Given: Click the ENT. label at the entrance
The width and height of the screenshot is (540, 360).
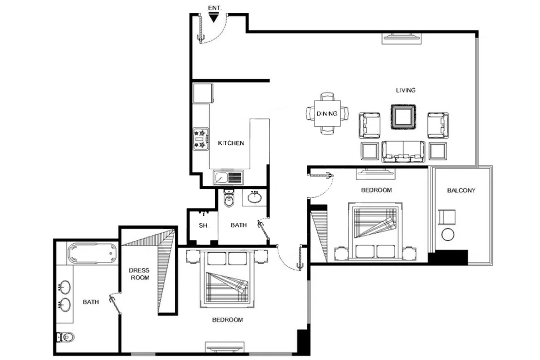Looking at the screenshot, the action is [214, 8].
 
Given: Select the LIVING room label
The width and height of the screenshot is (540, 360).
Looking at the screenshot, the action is [406, 90].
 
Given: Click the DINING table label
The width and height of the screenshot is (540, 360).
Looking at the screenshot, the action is [327, 114].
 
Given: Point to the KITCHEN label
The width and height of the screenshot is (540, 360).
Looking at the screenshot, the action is [231, 143].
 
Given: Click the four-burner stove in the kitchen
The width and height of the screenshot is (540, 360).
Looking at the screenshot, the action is [201, 139].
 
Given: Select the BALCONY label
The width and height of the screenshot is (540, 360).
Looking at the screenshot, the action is [461, 190].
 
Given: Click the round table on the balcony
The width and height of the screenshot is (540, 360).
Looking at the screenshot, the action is [448, 234].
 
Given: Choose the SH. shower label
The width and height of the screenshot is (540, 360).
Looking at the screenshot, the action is [204, 226].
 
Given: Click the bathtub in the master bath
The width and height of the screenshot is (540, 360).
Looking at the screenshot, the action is [92, 253].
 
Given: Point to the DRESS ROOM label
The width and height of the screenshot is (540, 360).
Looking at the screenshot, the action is [139, 274].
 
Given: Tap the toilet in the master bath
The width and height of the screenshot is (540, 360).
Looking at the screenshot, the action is [66, 337].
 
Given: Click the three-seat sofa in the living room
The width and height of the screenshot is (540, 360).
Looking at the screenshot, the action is [403, 152].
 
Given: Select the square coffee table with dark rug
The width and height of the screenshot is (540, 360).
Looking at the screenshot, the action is [403, 117].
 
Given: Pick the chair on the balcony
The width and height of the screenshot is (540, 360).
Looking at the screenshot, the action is [447, 217].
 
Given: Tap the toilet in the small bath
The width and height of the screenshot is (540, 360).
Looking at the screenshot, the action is [229, 198].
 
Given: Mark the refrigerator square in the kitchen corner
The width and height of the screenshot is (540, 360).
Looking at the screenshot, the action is [203, 93].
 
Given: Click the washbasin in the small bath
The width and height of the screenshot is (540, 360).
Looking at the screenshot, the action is [254, 197].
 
